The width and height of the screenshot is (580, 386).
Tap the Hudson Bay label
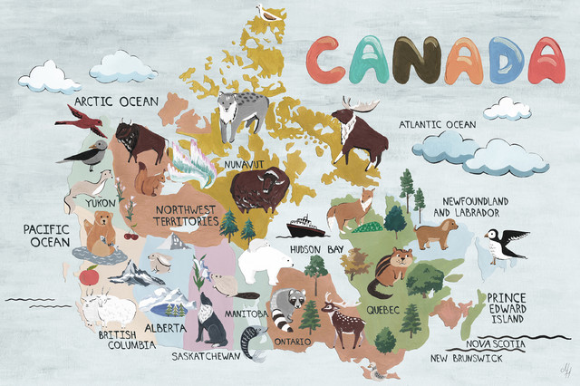click(x=317, y=247)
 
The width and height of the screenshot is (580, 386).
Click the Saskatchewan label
click(x=208, y=356)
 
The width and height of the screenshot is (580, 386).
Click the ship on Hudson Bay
click(x=305, y=227)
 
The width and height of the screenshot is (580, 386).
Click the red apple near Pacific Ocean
click(x=89, y=274)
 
